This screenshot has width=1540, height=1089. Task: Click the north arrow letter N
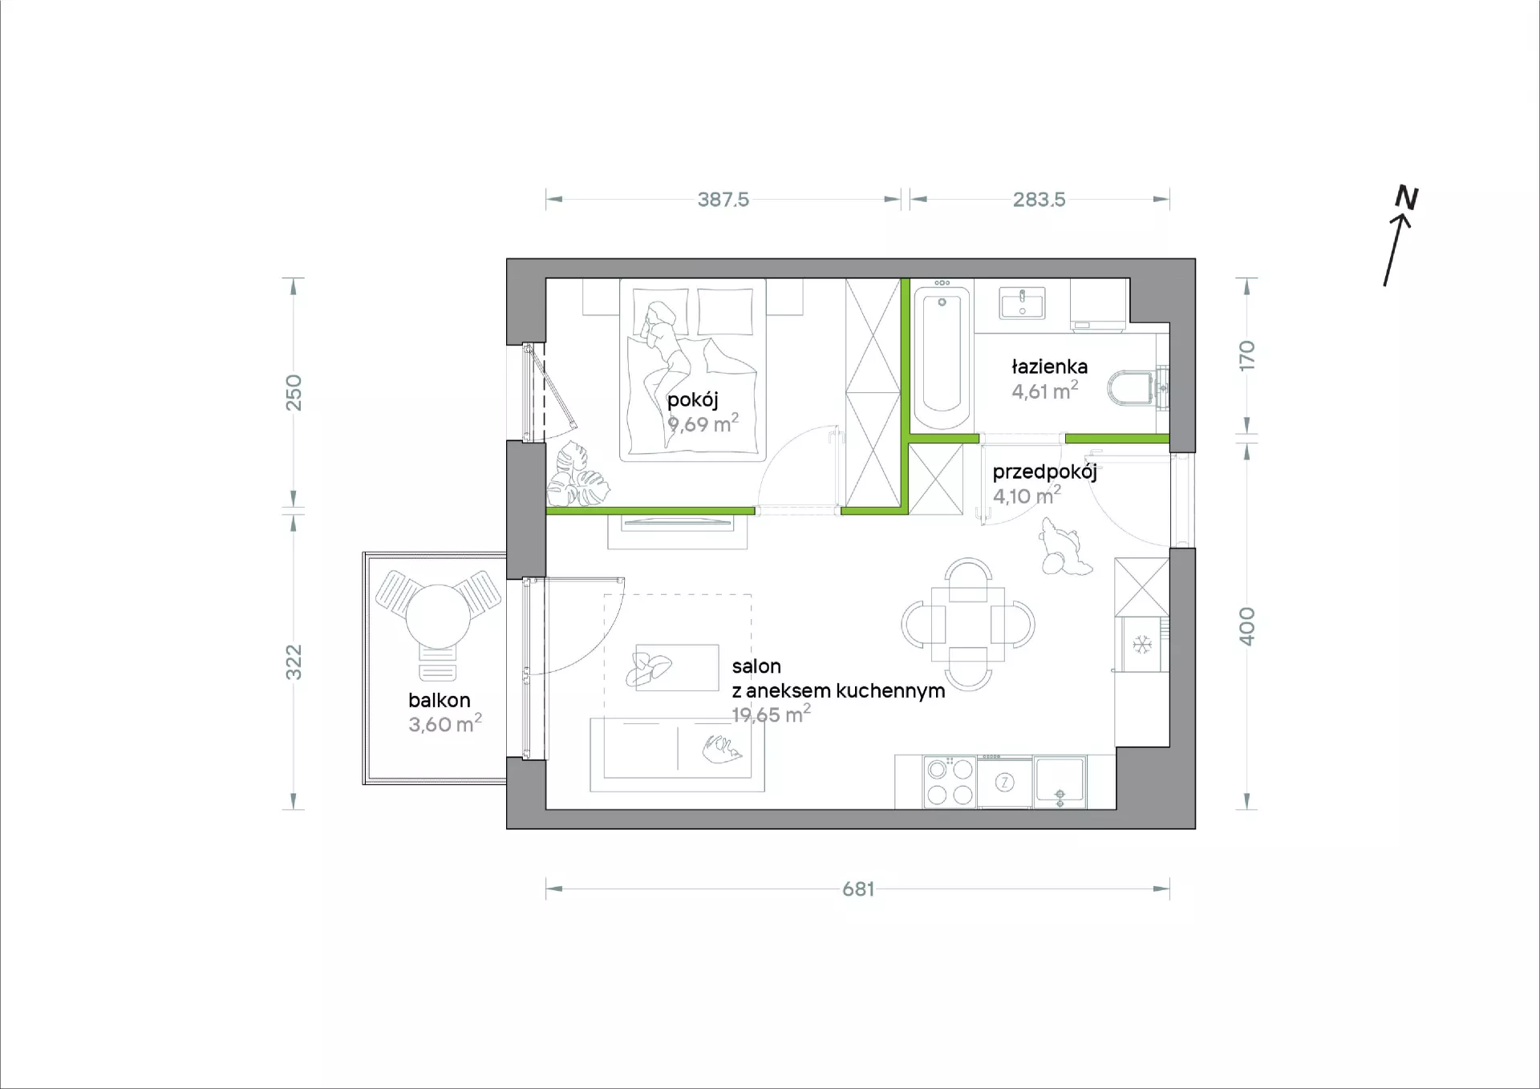coord(1407,197)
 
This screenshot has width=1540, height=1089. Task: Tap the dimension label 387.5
coord(723,199)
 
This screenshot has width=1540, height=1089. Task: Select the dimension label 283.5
coord(1039,199)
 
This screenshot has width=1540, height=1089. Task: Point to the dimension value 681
coord(857,889)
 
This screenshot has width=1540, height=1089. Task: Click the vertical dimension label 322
coord(294,662)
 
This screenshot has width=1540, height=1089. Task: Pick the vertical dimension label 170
coord(1246,355)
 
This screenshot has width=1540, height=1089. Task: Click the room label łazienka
coord(1049,366)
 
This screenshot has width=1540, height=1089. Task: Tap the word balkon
coord(439,700)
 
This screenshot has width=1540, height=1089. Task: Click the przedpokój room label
coord(1044,472)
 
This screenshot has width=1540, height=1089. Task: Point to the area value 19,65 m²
coord(771,714)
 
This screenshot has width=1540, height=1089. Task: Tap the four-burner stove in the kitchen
coord(950,782)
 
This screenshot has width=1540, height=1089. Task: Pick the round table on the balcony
coord(437,616)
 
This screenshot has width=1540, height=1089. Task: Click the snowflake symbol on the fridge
coord(1141,644)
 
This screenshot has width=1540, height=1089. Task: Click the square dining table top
coord(968,624)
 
